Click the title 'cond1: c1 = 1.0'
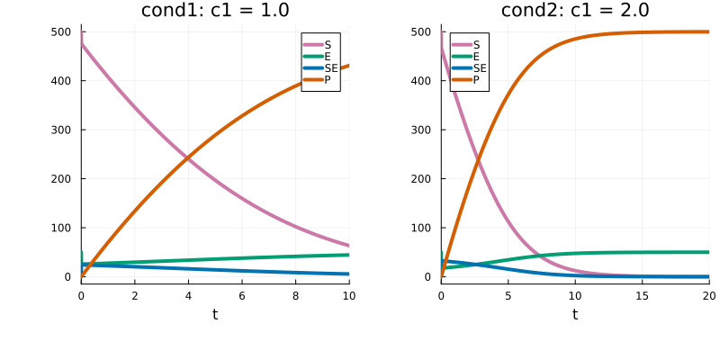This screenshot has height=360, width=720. [x=215, y=11]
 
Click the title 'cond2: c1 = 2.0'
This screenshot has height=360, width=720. [x=575, y=11]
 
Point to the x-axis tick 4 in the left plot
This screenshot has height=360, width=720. [x=188, y=295]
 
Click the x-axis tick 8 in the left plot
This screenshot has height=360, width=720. [x=295, y=295]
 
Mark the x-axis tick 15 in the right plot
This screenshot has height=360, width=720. [x=642, y=295]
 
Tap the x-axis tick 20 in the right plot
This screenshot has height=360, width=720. [x=708, y=295]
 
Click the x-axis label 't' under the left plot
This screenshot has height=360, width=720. [x=215, y=314]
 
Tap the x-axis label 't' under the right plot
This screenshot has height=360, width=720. [x=575, y=314]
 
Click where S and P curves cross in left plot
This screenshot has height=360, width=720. [x=187, y=157]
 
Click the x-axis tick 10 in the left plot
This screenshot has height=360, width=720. [x=348, y=295]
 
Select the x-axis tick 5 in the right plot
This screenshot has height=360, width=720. [x=508, y=295]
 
